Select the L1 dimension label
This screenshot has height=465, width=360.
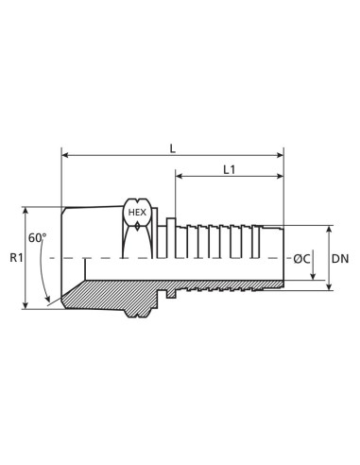coord(230,170)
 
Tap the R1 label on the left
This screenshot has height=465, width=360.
coord(14,257)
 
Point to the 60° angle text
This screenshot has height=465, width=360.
coord(37,237)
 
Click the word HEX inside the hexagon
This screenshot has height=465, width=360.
coord(137,214)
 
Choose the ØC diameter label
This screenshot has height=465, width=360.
coord(301,258)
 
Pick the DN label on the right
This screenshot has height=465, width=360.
coord(341,257)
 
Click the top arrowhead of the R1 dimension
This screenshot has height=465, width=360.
coord(25,210)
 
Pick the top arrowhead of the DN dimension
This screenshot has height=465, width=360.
coord(329,229)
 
